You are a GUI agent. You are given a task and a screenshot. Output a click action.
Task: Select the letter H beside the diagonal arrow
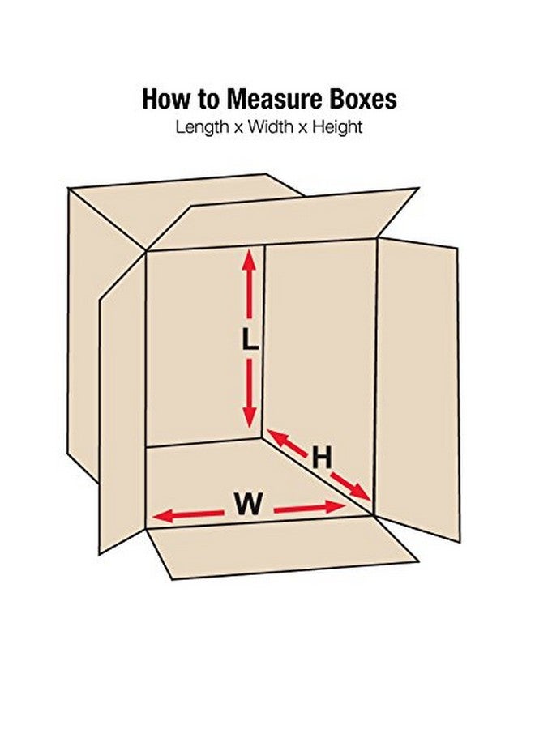[322, 458]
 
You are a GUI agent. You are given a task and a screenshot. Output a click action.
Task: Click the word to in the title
[208, 100]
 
